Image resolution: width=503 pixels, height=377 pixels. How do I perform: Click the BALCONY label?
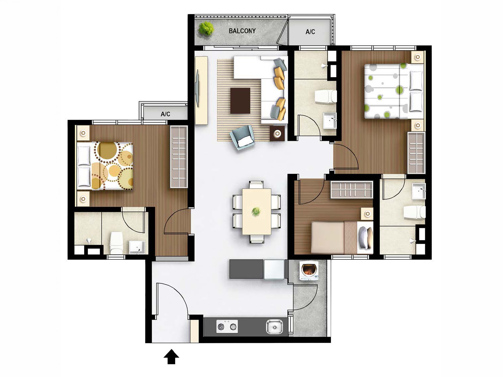[242, 31]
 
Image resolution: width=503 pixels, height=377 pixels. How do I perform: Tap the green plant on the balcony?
[206, 28]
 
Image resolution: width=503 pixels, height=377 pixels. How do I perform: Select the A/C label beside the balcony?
[310, 32]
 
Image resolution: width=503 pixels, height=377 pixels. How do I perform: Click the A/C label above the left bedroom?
[165, 114]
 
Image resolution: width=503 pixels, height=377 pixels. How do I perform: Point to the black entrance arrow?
[171, 357]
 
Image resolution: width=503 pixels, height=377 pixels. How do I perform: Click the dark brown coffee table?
[240, 100]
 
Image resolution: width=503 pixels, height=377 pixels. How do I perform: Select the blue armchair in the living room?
[242, 137]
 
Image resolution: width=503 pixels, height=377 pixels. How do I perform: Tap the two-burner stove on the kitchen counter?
[227, 326]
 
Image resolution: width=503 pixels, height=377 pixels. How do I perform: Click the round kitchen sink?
[274, 326]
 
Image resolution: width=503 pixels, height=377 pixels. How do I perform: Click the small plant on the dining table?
[256, 212]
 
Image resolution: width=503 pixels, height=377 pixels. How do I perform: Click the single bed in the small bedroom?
[341, 237]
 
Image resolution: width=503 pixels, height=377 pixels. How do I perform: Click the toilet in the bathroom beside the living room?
[326, 97]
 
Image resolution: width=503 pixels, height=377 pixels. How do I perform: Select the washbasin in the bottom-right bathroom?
[418, 192]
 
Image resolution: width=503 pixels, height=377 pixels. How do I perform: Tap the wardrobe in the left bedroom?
[179, 157]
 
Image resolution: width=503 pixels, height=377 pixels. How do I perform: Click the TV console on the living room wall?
[201, 90]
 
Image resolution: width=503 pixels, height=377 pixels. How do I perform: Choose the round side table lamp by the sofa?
[277, 134]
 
